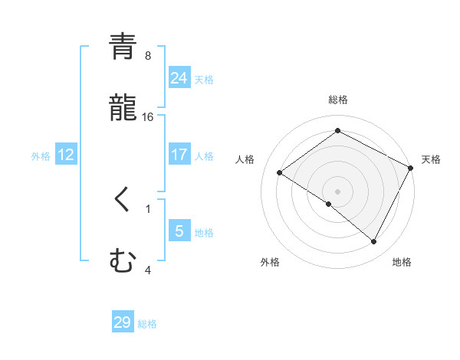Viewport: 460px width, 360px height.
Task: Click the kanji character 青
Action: (123, 47)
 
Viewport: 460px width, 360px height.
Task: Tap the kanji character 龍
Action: (123, 108)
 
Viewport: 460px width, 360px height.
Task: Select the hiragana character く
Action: (123, 200)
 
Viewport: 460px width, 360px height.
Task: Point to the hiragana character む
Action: (123, 261)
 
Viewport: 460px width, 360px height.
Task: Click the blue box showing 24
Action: (179, 78)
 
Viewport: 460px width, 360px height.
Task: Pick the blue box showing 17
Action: (179, 155)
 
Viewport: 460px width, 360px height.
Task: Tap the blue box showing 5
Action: (179, 231)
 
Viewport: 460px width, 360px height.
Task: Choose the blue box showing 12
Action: (66, 155)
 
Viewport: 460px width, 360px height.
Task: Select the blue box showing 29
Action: (123, 322)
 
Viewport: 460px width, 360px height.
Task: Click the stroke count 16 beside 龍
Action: (148, 116)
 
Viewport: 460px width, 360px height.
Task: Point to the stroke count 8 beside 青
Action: (148, 55)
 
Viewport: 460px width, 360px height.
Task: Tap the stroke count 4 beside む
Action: (148, 269)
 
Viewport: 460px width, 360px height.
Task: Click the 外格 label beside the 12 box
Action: (41, 156)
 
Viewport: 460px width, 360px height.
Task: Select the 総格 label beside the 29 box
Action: (147, 324)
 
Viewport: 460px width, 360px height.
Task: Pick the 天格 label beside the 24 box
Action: (204, 80)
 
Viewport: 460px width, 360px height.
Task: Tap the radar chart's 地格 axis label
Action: (402, 263)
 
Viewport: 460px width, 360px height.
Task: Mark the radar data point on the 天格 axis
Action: (411, 168)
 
